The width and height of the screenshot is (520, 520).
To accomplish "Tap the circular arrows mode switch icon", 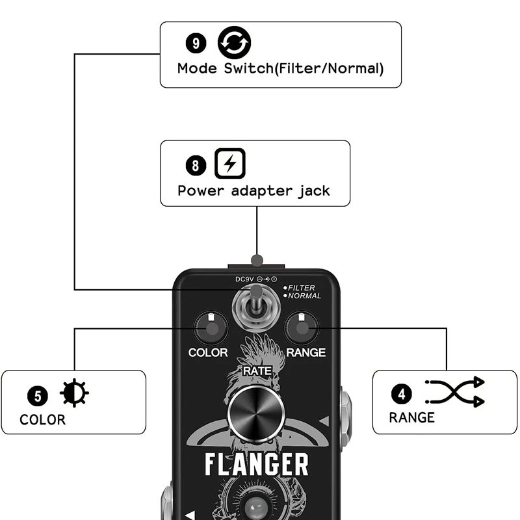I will pyautogui.click(x=234, y=42).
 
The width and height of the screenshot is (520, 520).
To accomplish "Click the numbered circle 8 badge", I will pyautogui.click(x=196, y=165).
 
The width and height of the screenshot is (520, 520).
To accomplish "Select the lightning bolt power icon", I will pyautogui.click(x=230, y=164).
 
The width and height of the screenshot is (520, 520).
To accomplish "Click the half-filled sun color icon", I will pyautogui.click(x=75, y=393).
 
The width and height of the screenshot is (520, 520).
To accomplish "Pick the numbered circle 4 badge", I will pyautogui.click(x=401, y=393).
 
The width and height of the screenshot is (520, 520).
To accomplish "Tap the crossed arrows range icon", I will pyautogui.click(x=455, y=391).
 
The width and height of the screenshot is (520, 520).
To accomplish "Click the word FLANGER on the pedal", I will pyautogui.click(x=257, y=465).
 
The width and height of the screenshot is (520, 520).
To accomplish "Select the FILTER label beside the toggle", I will pyautogui.click(x=301, y=287).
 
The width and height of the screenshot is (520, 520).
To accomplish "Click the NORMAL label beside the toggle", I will pyautogui.click(x=304, y=296).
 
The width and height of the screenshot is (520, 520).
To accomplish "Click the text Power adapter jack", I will pyautogui.click(x=253, y=191).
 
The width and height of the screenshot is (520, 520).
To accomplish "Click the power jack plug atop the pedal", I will pyautogui.click(x=257, y=261).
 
